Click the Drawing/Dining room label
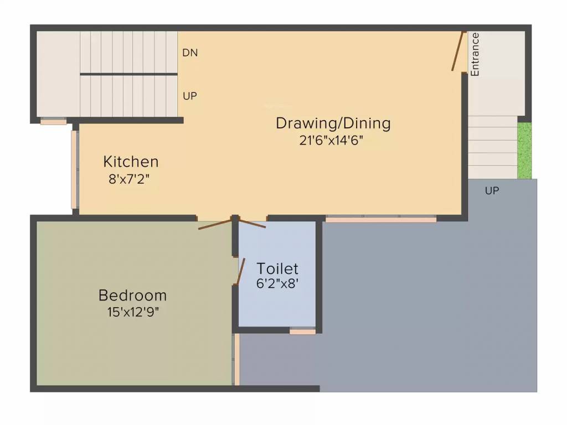(x=333, y=123)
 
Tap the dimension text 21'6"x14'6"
(x=331, y=141)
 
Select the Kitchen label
(x=131, y=162)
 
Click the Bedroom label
(x=132, y=294)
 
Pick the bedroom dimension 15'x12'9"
(x=133, y=312)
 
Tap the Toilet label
(x=277, y=269)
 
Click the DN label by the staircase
(x=190, y=53)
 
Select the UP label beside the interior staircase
(x=190, y=96)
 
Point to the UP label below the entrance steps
(x=492, y=191)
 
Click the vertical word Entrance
(x=475, y=54)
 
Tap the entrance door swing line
(x=457, y=51)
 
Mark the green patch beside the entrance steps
(x=524, y=150)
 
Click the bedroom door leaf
(x=215, y=225)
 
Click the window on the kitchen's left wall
(x=75, y=169)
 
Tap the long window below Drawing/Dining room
(x=380, y=220)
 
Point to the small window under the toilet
(x=302, y=331)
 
